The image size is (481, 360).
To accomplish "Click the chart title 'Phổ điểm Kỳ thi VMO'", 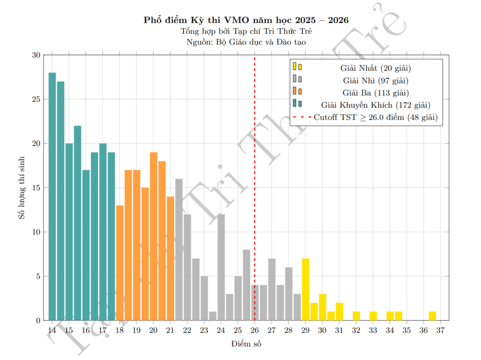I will (x=247, y=21).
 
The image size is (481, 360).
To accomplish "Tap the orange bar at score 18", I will (x=120, y=263).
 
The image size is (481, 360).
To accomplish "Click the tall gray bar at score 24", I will (x=221, y=267).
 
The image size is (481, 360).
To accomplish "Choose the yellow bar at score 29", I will (x=306, y=290).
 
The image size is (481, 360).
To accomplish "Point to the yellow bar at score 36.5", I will (x=432, y=316).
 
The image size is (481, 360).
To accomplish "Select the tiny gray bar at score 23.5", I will (x=213, y=316).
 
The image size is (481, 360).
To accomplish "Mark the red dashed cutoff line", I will (x=255, y=188).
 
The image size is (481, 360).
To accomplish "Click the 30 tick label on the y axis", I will (x=35, y=55).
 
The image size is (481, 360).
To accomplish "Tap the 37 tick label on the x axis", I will (x=441, y=330).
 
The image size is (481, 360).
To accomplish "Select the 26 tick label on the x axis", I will (x=255, y=330).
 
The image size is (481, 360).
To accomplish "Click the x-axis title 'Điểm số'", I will (x=246, y=344).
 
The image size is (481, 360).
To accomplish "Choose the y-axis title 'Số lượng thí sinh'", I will (x=21, y=188).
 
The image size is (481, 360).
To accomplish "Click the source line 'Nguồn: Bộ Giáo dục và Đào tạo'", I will (x=247, y=42).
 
